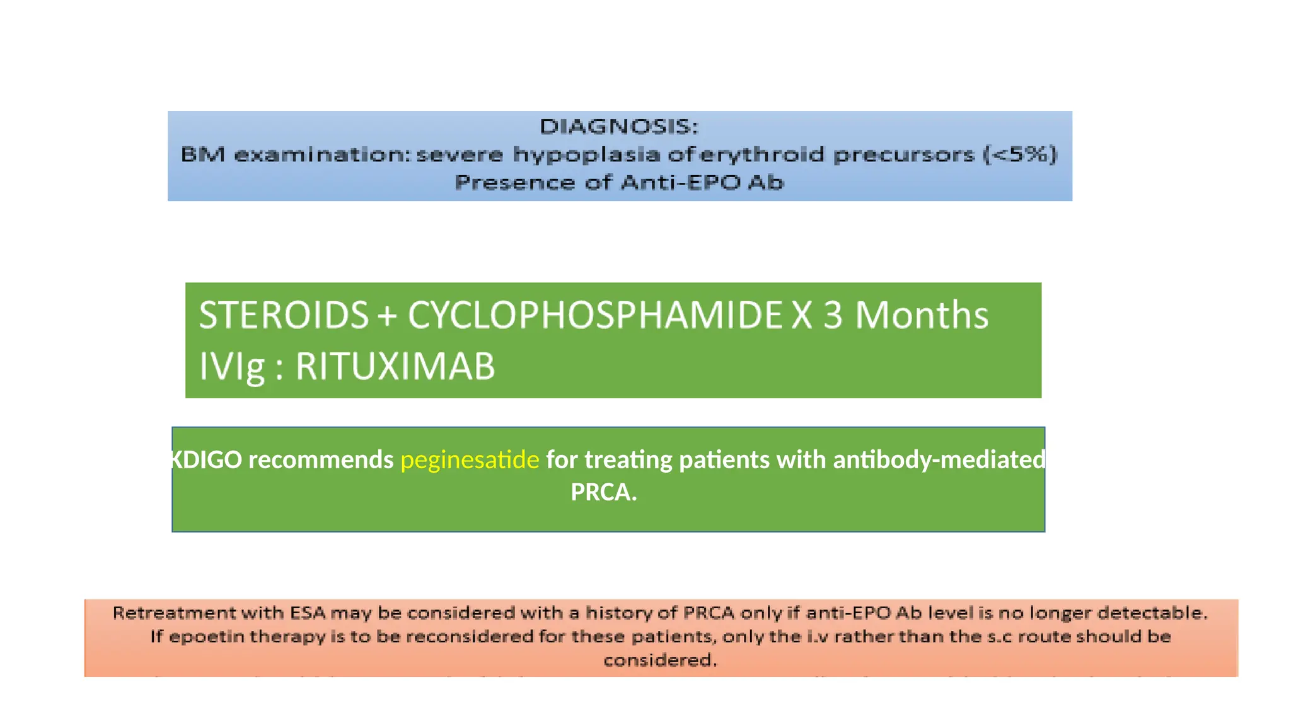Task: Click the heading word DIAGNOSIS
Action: click(x=618, y=127)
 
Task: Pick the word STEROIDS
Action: click(x=284, y=315)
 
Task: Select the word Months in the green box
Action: click(x=921, y=315)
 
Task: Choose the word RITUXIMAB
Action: click(x=395, y=367)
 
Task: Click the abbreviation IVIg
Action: click(x=231, y=367)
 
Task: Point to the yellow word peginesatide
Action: click(x=470, y=460)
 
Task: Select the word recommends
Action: click(x=321, y=460)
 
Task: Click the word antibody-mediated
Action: click(x=939, y=460)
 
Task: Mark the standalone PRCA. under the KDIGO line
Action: click(x=603, y=492)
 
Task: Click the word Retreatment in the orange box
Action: click(x=166, y=613)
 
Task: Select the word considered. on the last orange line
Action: click(x=660, y=660)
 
